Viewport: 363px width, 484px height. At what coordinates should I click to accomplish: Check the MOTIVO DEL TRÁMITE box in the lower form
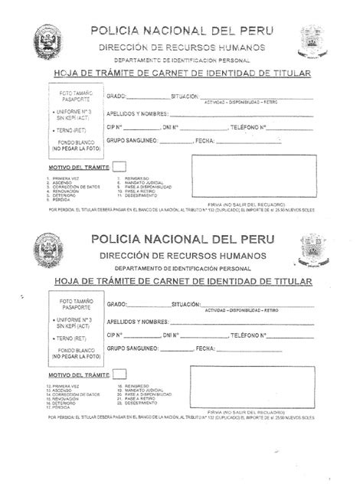[119, 373]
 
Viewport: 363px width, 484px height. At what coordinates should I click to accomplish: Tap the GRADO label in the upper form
[116, 98]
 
